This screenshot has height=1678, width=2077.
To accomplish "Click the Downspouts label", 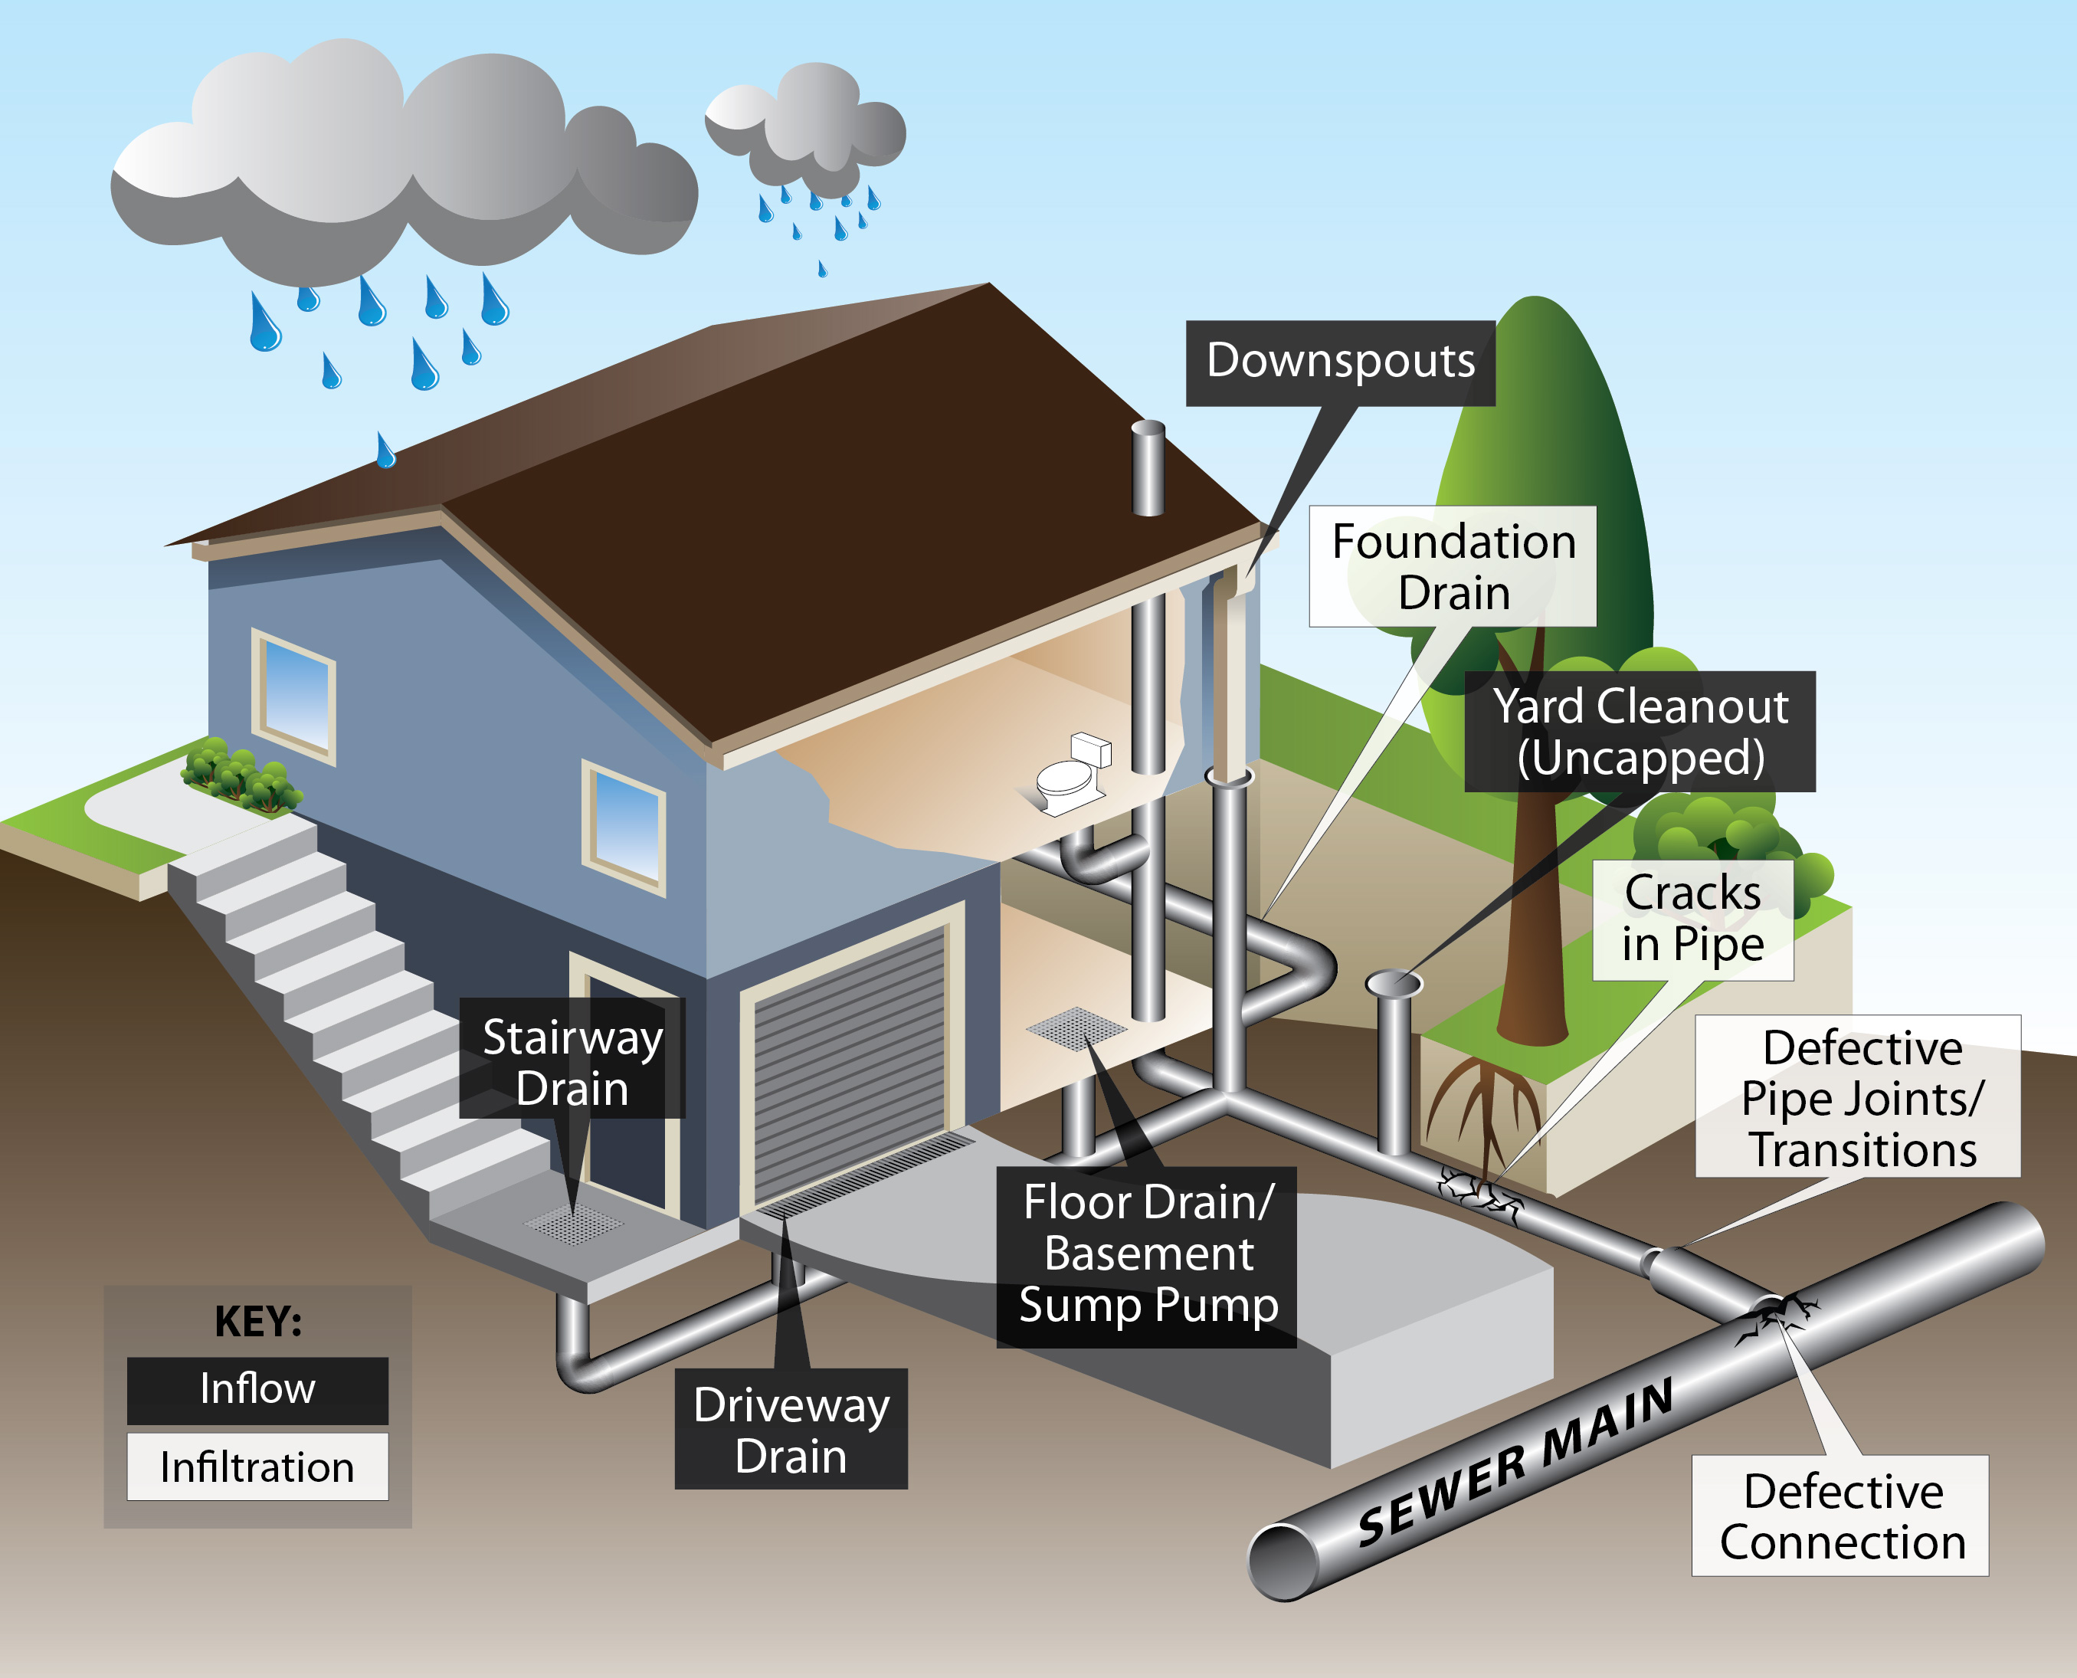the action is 1341,362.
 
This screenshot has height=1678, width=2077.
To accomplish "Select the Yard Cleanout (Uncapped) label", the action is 1640,732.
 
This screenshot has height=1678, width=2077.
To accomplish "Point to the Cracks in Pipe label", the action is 1693,919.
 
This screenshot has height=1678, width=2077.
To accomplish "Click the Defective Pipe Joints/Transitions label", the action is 1859,1096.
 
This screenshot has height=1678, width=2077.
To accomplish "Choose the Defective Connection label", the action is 1840,1516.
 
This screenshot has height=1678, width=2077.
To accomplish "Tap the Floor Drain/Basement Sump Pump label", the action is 1147,1257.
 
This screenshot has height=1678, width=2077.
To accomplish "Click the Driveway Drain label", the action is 791,1429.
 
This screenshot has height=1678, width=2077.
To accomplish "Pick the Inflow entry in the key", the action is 257,1390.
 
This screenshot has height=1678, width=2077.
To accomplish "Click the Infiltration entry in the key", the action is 257,1467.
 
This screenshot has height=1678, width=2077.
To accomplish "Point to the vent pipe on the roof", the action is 1148,468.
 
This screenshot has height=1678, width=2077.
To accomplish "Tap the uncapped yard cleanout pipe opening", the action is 1394,983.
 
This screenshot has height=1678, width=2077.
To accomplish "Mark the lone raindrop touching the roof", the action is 385,450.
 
